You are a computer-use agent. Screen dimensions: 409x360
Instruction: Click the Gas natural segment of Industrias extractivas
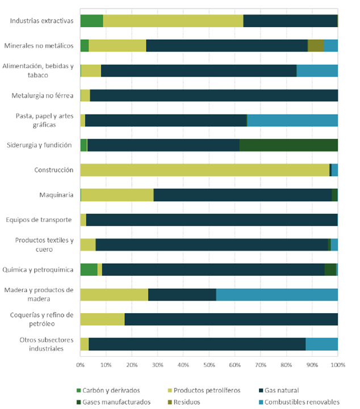point(290,21)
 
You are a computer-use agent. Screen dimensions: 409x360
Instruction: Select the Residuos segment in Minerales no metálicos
point(316,46)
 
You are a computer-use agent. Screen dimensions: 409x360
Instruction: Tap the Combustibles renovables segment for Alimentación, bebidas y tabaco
point(317,71)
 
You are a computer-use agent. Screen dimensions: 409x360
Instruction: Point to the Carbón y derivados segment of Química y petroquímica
point(89,269)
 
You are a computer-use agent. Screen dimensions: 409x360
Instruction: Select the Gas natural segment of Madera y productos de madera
point(182,294)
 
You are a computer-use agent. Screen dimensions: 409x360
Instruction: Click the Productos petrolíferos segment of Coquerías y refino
point(102,319)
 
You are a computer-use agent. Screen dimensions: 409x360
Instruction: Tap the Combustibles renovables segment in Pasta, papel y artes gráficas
point(292,120)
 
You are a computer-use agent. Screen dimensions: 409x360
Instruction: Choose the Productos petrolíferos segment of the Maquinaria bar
point(117,195)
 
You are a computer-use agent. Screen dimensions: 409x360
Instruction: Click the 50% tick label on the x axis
point(209,366)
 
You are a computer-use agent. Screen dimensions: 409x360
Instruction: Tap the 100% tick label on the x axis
point(338,366)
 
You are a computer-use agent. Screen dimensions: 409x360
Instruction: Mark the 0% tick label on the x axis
point(80,366)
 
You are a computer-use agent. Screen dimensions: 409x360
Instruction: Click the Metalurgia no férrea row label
point(42,95)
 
